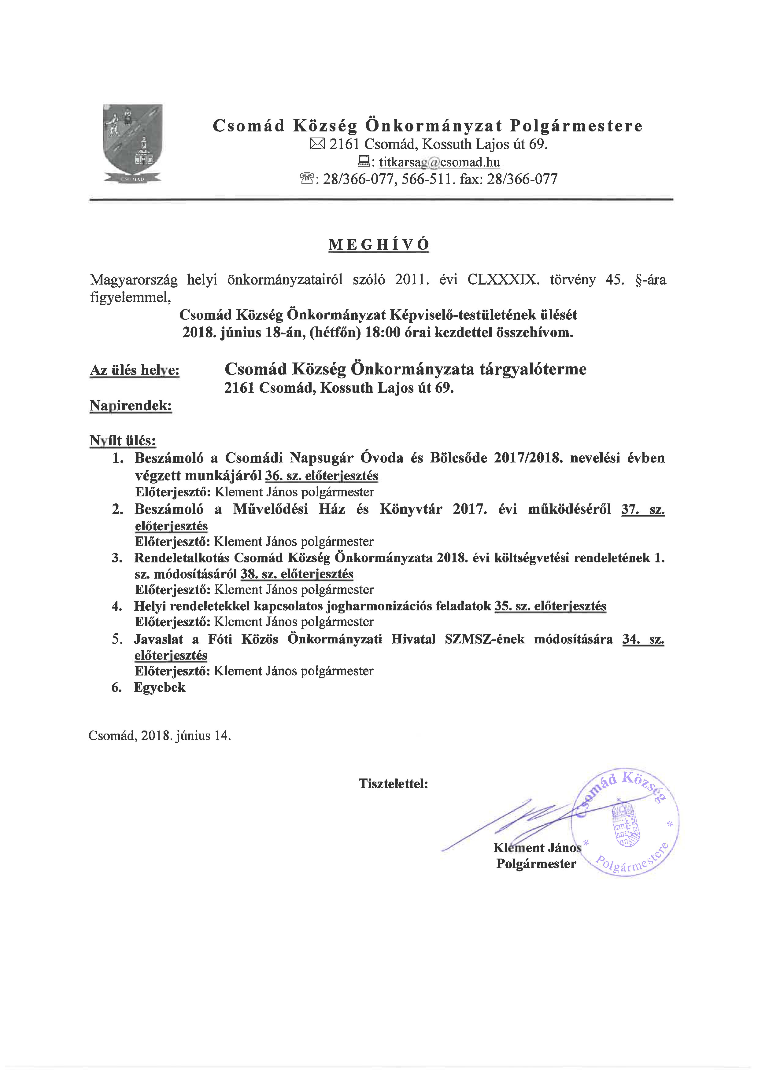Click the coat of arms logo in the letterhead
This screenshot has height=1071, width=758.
tap(133, 143)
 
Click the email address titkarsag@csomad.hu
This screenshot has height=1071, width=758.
tap(439, 162)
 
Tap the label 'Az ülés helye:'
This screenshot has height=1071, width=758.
tap(135, 370)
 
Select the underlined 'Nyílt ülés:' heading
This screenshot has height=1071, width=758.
tap(123, 441)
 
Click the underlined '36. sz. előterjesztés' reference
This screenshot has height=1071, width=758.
tap(322, 476)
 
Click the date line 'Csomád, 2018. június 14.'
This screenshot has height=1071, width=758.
tap(160, 736)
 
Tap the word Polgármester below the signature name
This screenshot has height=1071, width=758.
tap(536, 863)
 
